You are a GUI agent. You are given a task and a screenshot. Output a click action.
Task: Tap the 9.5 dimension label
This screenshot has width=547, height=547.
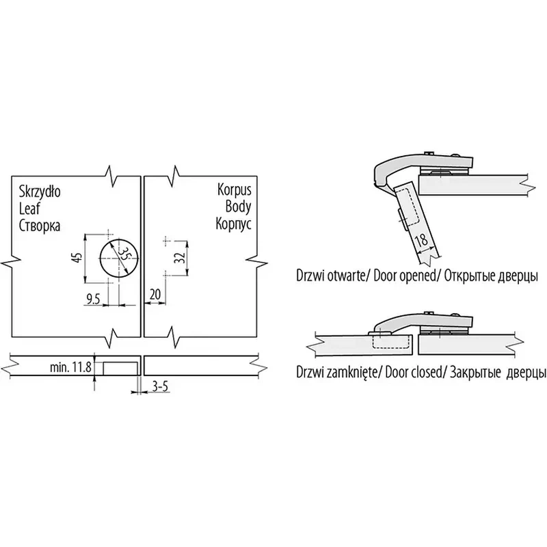[x=93, y=299]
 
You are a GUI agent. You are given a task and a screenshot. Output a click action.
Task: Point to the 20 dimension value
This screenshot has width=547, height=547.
[x=155, y=294]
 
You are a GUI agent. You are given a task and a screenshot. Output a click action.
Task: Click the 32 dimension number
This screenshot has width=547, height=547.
[x=179, y=258]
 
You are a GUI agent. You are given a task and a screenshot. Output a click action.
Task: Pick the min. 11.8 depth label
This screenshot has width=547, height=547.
[x=71, y=367]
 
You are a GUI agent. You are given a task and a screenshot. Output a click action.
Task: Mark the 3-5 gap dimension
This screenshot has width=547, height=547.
[x=160, y=386]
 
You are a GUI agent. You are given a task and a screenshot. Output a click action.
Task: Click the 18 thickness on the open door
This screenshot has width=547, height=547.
[x=421, y=240]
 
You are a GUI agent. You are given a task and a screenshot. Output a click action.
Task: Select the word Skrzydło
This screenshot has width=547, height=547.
[x=40, y=191]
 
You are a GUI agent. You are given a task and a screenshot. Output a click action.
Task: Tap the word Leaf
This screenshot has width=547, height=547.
[x=29, y=209]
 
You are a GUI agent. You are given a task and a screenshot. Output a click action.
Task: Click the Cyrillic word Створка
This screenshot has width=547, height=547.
[x=40, y=226]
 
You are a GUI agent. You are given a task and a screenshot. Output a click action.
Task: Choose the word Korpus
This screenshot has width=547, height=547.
[x=234, y=190]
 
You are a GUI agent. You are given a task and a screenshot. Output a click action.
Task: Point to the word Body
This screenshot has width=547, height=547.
[x=238, y=206]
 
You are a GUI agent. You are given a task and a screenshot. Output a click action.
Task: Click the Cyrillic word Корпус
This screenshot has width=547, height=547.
[x=233, y=224]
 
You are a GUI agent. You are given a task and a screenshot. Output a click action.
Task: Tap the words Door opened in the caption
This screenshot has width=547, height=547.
[x=405, y=276]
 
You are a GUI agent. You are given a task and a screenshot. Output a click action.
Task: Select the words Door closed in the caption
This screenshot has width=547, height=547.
[x=414, y=372]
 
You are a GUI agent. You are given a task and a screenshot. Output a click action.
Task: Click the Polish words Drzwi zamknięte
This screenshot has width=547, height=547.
[x=336, y=372]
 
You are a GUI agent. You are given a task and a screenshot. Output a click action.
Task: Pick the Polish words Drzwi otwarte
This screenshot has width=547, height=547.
[x=330, y=276]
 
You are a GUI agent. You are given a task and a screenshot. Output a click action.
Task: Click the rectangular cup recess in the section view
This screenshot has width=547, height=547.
[x=120, y=369]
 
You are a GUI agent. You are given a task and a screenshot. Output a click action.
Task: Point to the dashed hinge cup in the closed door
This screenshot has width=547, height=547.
[x=390, y=340]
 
